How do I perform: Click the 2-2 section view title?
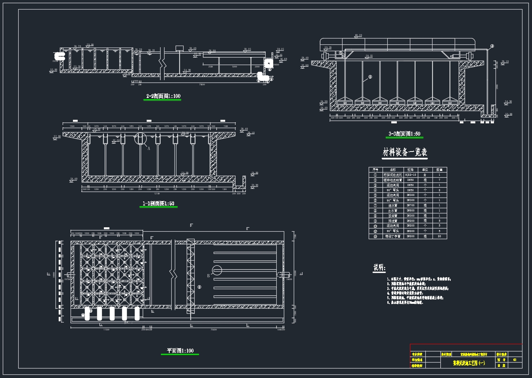click(163, 96)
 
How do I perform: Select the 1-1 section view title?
click(158, 204)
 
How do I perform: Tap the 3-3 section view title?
click(404, 134)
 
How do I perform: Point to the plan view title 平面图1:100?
click(180, 351)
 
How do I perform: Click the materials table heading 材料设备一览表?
click(405, 152)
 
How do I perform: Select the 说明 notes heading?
click(379, 268)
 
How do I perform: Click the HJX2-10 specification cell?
click(410, 175)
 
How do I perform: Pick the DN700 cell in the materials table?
click(410, 205)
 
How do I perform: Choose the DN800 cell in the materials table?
click(410, 211)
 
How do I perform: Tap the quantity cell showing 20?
click(439, 236)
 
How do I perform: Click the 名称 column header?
click(393, 170)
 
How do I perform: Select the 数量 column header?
click(439, 170)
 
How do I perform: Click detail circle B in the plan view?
click(216, 271)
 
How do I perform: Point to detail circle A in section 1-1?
click(140, 138)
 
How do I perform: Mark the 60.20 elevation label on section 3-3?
click(358, 36)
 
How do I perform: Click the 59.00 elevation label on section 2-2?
click(90, 45)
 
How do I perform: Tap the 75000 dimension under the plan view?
click(214, 329)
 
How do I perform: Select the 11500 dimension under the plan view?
click(106, 329)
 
